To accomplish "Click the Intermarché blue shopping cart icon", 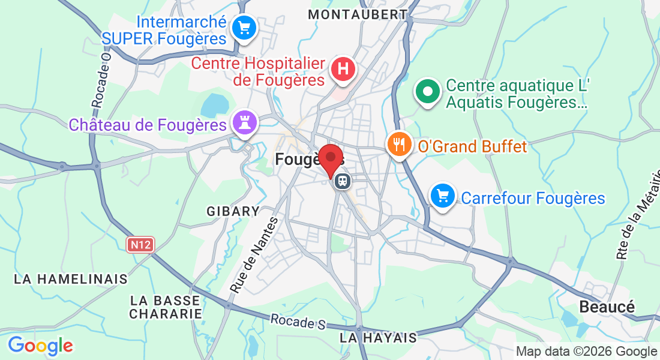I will click(244, 28).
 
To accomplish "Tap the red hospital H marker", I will click(343, 68).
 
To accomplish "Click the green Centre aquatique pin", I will click(428, 93).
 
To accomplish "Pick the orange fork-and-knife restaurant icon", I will click(398, 144).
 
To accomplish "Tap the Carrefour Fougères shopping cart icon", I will click(443, 196).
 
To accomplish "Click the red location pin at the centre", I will click(330, 159).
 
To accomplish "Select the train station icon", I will click(343, 181).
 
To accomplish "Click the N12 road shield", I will click(141, 244).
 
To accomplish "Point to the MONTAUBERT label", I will click(358, 14).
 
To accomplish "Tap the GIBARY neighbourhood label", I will click(233, 211).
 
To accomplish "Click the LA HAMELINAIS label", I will click(71, 279).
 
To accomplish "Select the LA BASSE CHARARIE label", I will click(166, 307).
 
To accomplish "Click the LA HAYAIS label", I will click(378, 338).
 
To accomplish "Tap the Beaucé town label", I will click(607, 307).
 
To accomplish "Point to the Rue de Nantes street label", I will click(254, 255).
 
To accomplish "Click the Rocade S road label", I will click(298, 322).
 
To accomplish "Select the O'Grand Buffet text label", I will click(472, 146).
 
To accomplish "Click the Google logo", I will click(40, 346).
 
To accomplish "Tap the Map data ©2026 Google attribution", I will click(587, 352).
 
